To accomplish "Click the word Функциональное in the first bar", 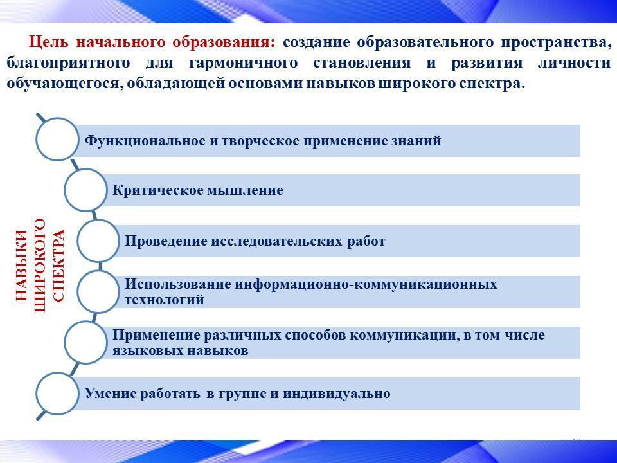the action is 145,141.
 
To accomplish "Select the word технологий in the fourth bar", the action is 165,300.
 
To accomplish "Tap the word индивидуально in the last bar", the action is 336,394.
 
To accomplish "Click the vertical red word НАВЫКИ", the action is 22,266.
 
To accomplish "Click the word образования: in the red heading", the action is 224,42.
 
